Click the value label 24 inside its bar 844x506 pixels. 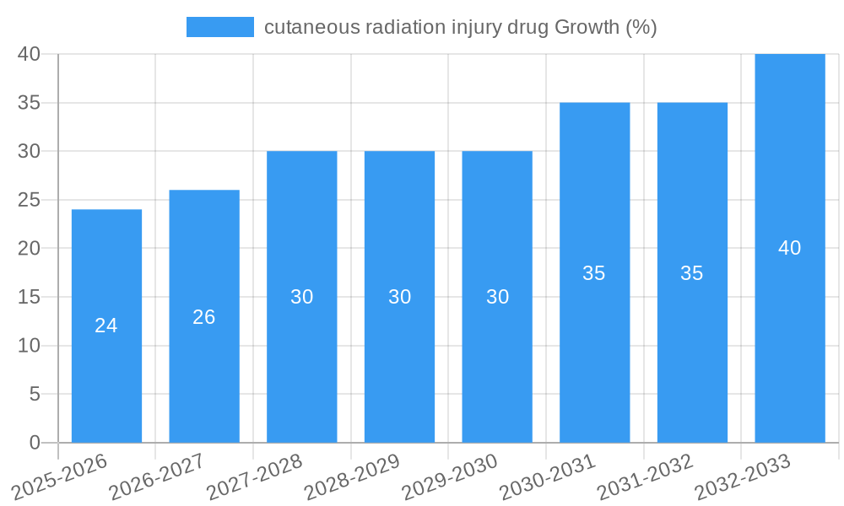(x=106, y=326)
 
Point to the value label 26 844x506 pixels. (x=204, y=317)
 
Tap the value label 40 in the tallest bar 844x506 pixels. (x=790, y=248)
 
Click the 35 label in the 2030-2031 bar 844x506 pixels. (x=594, y=273)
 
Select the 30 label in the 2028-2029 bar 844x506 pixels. (x=400, y=297)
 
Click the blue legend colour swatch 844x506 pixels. (x=219, y=27)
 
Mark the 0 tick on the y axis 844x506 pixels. (x=35, y=443)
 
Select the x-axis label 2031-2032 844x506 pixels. (x=646, y=476)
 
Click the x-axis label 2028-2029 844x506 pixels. (x=353, y=476)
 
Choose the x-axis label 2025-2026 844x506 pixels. (x=61, y=476)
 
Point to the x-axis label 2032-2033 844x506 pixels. (x=743, y=476)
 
